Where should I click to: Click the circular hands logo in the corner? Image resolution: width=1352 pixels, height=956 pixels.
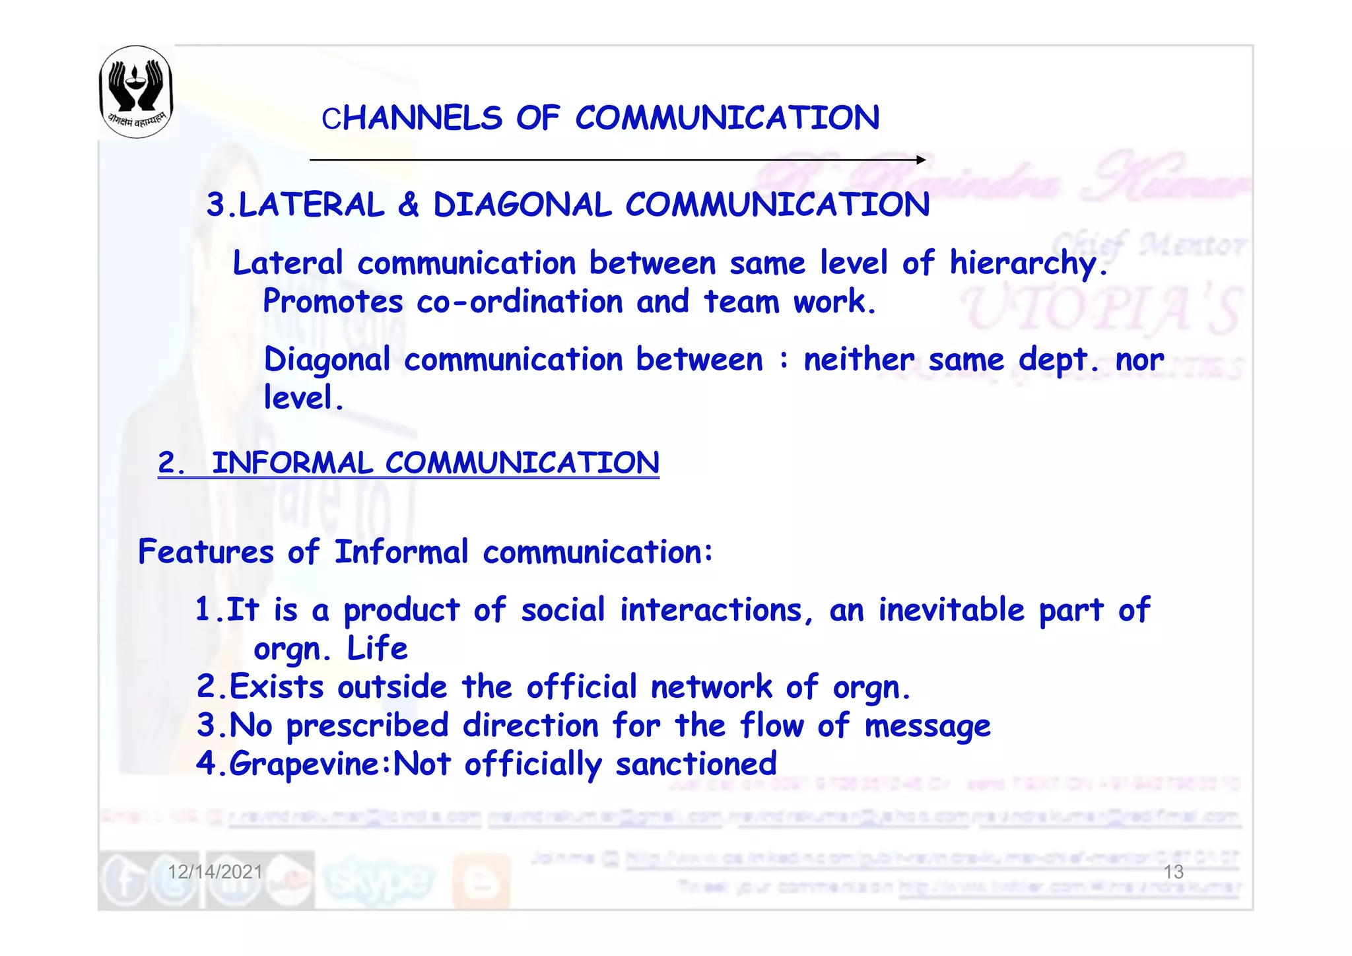point(136,91)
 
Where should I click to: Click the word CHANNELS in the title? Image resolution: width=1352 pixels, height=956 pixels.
point(412,119)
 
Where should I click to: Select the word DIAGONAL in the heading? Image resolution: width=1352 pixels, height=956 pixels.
point(522,205)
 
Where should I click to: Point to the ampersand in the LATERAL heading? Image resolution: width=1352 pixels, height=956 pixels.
point(409,205)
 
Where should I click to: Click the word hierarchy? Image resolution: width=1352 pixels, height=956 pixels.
point(1027,264)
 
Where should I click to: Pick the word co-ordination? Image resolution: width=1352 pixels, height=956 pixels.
point(520,302)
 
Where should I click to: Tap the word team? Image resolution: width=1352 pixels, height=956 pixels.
point(741,302)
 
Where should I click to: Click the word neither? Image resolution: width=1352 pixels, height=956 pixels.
point(858,360)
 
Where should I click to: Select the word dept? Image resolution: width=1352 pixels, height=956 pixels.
point(1058,360)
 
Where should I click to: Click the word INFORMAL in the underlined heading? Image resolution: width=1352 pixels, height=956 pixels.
point(292,463)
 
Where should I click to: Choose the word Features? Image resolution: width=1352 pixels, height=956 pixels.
point(205,552)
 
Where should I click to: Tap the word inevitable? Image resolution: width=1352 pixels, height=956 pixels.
point(951,609)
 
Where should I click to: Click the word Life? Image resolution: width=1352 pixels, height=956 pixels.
point(377,648)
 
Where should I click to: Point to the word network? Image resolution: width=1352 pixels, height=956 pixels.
point(711,687)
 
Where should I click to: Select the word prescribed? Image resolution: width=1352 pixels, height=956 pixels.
point(368,726)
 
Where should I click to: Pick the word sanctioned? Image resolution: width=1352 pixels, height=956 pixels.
point(696,765)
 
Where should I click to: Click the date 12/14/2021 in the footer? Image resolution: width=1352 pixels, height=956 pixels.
point(215,872)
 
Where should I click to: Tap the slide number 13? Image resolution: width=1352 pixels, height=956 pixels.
point(1173,872)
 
